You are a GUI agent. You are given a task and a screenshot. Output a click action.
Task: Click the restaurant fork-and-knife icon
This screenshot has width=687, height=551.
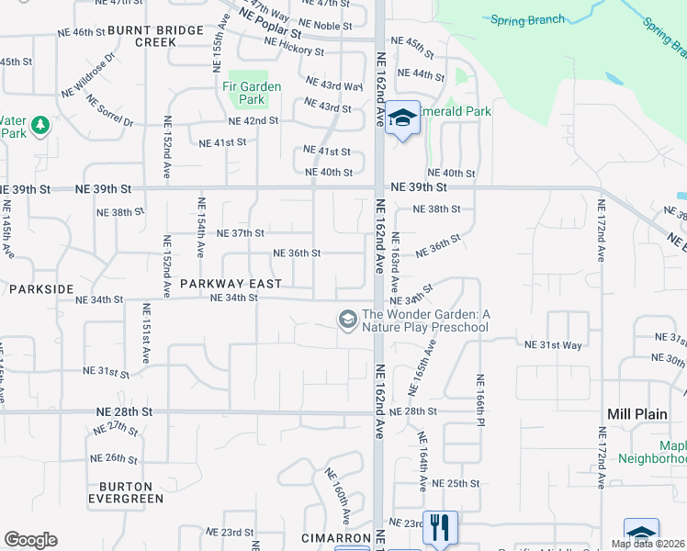(440, 527)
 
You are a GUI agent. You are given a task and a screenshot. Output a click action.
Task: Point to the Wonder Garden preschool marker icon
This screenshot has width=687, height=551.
(347, 320)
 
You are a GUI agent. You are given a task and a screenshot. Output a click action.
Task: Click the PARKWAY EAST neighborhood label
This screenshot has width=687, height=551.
(223, 284)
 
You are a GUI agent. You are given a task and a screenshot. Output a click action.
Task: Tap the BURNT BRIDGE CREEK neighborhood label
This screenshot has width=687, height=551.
(155, 36)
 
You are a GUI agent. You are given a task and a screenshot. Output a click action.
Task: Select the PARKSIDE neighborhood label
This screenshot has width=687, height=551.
(40, 288)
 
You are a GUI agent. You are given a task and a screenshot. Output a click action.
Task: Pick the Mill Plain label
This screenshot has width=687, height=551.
(637, 414)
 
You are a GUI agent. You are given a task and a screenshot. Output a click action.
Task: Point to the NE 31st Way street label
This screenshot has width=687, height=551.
(553, 344)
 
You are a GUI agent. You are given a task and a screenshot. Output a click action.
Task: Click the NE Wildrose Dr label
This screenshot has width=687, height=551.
(88, 75)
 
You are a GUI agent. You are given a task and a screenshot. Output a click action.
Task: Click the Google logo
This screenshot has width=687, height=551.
(30, 540)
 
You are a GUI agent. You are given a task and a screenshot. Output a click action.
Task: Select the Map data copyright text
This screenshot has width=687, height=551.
(648, 544)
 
